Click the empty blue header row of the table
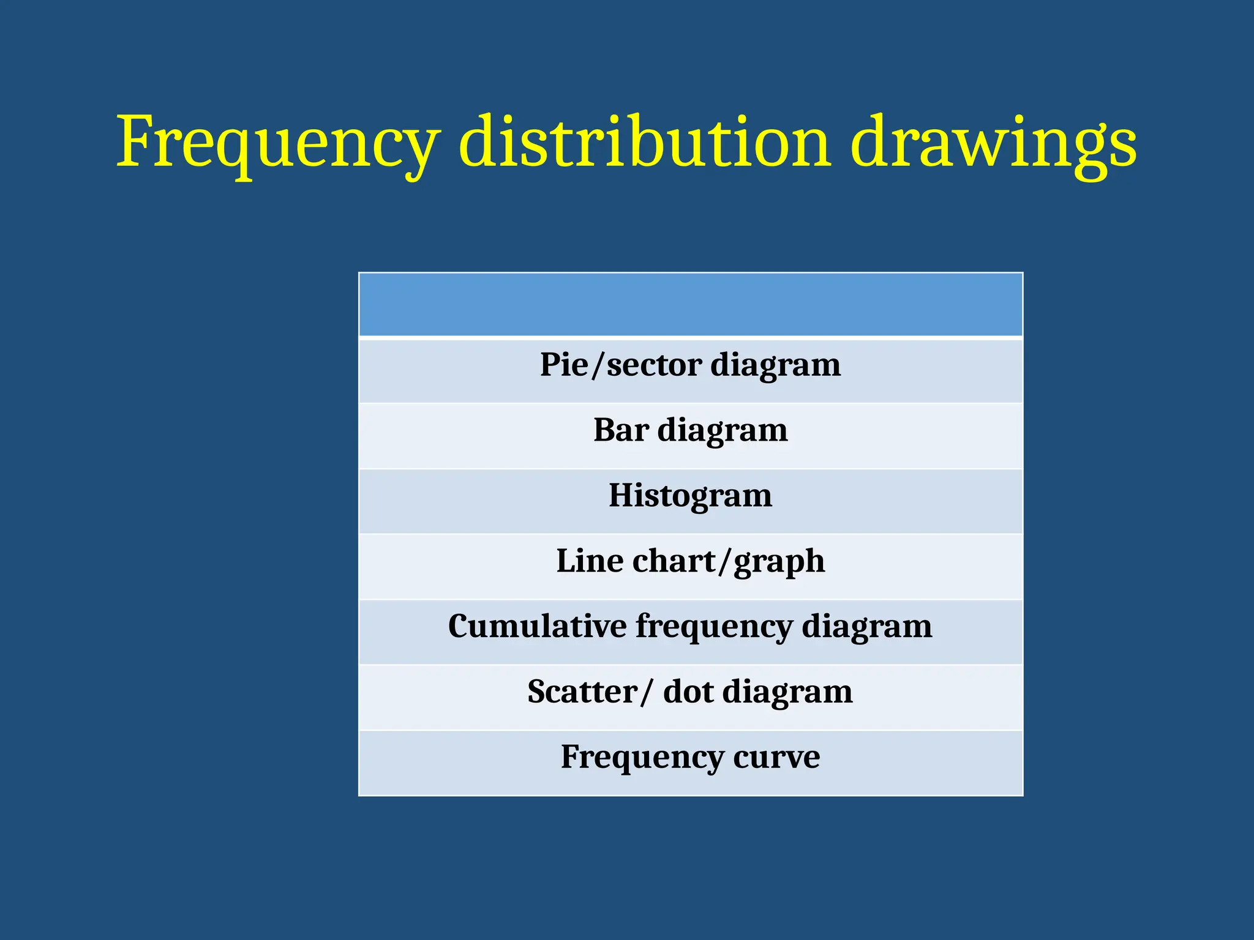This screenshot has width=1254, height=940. tap(690, 304)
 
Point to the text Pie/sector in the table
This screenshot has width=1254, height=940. tap(620, 365)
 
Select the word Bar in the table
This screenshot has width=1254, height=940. tap(620, 430)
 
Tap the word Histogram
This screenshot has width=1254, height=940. tap(690, 495)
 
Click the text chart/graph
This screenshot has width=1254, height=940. tap(729, 562)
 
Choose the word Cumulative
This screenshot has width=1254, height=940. tap(537, 626)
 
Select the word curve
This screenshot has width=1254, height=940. tap(776, 758)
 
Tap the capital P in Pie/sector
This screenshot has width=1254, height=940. tap(550, 365)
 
